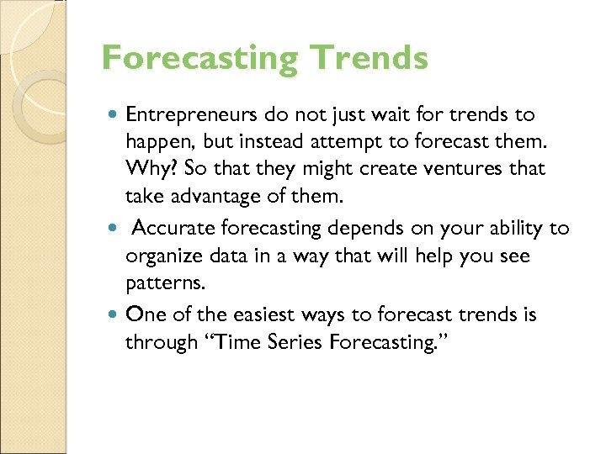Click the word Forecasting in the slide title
pos(199,59)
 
